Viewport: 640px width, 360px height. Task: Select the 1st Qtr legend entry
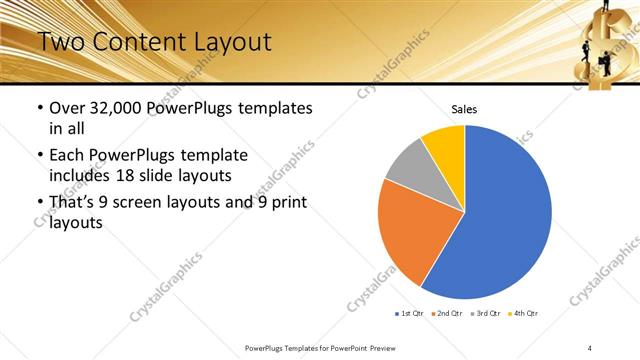(x=410, y=313)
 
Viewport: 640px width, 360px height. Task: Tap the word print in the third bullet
(x=286, y=203)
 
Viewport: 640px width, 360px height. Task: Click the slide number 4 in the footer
(x=590, y=347)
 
